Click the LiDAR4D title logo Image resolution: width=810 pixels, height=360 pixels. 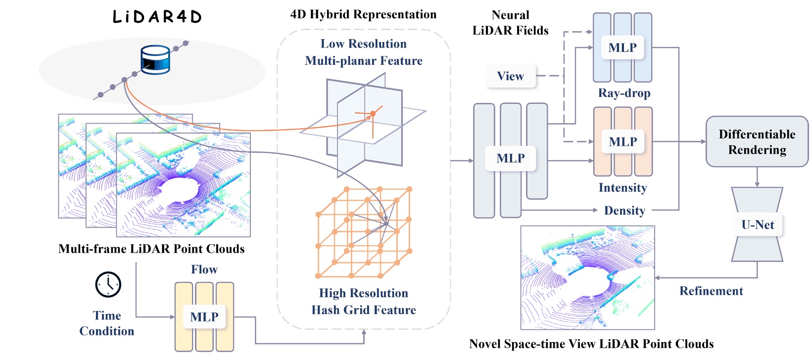[157, 17]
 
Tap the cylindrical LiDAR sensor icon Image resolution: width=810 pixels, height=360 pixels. [155, 59]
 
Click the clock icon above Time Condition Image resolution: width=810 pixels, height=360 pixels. [108, 284]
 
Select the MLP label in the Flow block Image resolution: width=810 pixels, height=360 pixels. [204, 317]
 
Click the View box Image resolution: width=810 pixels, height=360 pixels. [510, 76]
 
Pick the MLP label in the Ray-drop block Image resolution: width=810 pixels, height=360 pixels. [622, 48]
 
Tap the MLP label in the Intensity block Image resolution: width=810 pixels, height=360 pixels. [623, 142]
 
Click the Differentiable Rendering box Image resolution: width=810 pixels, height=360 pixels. [757, 142]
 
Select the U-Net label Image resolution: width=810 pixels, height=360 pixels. [757, 225]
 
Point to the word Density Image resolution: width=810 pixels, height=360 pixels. [624, 211]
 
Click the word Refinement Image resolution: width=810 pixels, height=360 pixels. [711, 291]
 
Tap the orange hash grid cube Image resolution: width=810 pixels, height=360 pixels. [364, 232]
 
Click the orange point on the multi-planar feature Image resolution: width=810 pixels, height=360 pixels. [373, 114]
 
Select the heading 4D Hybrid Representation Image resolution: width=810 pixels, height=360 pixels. [363, 14]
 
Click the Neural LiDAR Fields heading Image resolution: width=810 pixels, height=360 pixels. [510, 23]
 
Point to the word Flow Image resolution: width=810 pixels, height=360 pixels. [204, 270]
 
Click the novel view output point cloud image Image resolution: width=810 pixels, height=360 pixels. [587, 277]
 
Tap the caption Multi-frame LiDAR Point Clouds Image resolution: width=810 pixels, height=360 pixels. [151, 249]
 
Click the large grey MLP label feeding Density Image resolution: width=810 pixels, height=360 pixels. [510, 158]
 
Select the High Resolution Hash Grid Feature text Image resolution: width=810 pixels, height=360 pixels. [364, 302]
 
